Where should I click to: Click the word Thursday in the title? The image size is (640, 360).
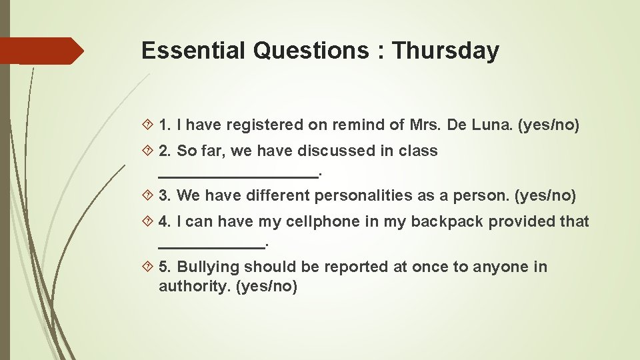coord(446,51)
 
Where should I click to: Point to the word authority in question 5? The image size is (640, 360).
coord(195,287)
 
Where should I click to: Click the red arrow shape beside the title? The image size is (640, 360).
coord(43,51)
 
